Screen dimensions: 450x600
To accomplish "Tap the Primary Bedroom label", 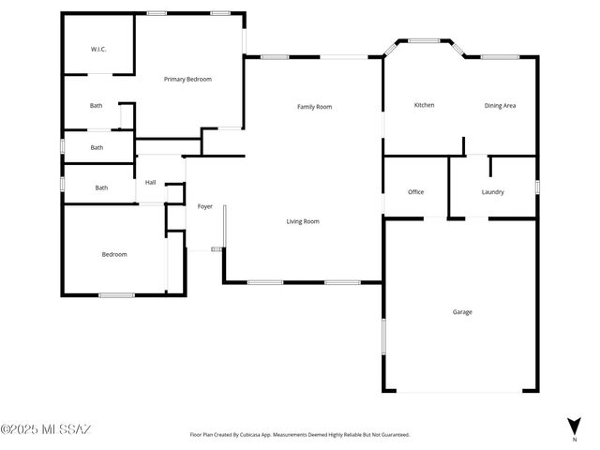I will (187, 80).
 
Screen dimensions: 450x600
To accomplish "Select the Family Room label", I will (314, 107).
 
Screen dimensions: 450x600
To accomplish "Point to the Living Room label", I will (303, 222).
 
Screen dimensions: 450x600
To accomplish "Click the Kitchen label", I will (424, 105).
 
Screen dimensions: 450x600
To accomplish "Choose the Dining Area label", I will (500, 106).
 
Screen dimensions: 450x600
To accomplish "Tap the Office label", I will (415, 192).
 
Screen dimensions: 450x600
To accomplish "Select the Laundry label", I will (492, 192).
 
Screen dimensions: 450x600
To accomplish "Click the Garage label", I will (461, 312).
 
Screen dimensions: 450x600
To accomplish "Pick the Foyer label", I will (204, 206).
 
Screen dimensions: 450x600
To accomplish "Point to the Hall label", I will (150, 183).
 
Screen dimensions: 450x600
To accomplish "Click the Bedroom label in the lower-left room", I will (114, 254).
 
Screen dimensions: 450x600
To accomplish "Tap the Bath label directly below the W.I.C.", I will (97, 106).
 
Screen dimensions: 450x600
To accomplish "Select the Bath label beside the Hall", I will (101, 187).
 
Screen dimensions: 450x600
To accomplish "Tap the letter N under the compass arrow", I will (574, 439).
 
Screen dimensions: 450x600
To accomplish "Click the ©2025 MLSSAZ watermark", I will (46, 430).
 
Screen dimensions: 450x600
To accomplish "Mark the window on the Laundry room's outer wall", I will (537, 187).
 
